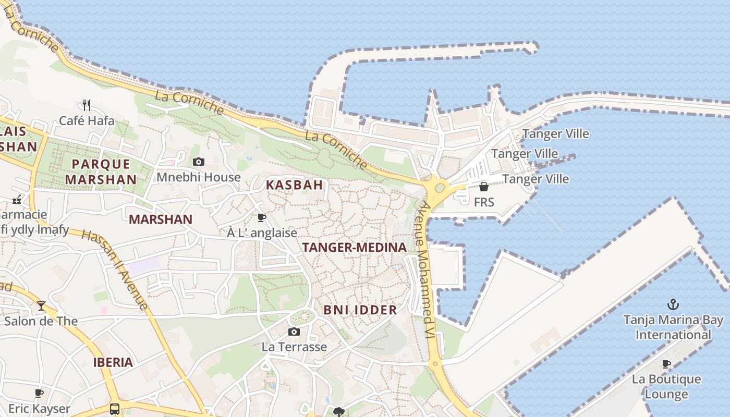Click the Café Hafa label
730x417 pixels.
pos(87,121)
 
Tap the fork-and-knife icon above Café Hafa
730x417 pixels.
pos(87,105)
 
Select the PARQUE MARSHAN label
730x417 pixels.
pos(101,171)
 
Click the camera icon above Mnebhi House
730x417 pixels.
pos(199,162)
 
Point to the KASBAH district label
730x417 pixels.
pos(295,185)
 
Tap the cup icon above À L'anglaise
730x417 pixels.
pos(262,217)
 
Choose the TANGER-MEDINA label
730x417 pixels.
pos(354,248)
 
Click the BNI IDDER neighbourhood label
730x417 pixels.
pos(360,310)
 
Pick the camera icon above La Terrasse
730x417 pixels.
pos(294,332)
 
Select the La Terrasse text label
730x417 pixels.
pos(294,347)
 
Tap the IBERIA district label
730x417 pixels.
pos(113,363)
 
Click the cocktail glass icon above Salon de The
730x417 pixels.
pos(41,306)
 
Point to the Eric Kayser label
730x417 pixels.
pos(39,408)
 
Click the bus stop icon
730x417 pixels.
pos(115,409)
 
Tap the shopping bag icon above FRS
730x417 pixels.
pos(484,187)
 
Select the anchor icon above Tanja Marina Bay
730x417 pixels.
pos(673,304)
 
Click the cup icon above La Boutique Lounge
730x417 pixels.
pos(666,364)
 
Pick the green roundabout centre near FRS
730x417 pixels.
pos(440,187)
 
